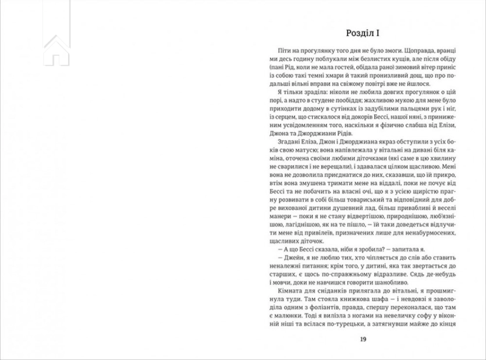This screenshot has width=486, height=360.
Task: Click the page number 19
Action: coord(363,340)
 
